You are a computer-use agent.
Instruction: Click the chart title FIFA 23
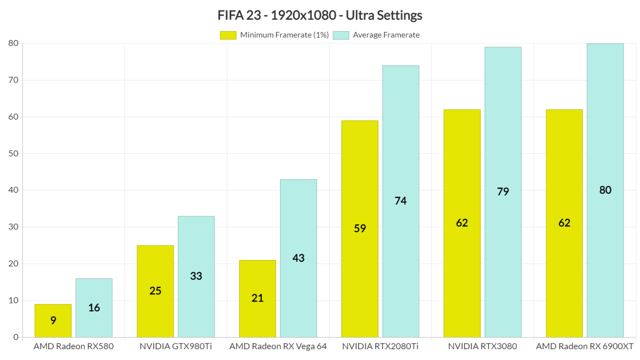(x=320, y=15)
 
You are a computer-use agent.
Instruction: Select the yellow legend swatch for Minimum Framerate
(x=228, y=35)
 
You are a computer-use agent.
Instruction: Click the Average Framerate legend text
(x=386, y=35)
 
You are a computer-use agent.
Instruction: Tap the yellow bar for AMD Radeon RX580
(x=53, y=321)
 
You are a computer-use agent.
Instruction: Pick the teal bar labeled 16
(x=94, y=308)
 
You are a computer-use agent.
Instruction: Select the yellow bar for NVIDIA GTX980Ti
(x=155, y=292)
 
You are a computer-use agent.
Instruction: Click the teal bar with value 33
(x=196, y=277)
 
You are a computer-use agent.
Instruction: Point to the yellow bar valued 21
(x=257, y=299)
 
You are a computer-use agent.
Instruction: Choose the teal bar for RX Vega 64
(x=298, y=258)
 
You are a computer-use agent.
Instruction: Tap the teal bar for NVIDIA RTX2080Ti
(x=400, y=202)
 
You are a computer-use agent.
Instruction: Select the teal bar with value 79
(x=503, y=192)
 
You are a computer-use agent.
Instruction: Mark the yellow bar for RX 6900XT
(x=564, y=223)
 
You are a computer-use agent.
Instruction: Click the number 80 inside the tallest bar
(x=605, y=190)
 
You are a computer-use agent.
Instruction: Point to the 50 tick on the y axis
(x=13, y=153)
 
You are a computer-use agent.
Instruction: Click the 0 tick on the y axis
(x=16, y=337)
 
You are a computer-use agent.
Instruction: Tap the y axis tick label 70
(x=13, y=80)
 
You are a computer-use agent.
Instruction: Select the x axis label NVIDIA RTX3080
(x=482, y=346)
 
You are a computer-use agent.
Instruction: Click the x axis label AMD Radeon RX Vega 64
(x=278, y=346)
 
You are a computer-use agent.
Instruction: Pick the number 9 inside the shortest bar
(x=53, y=320)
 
